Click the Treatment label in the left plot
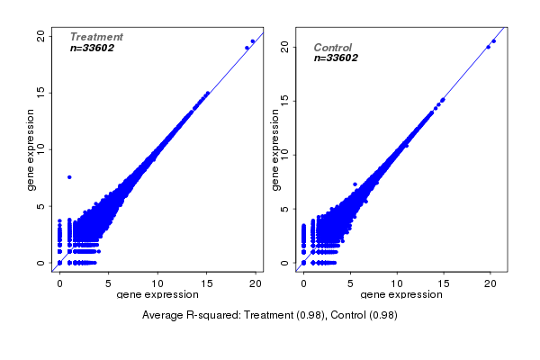[x=96, y=37]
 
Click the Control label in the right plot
[x=333, y=48]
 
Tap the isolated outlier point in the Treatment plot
[x=69, y=176]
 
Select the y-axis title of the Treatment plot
[x=31, y=149]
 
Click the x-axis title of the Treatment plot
[x=157, y=294]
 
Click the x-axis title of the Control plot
[x=401, y=294]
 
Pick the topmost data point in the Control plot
[x=494, y=41]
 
